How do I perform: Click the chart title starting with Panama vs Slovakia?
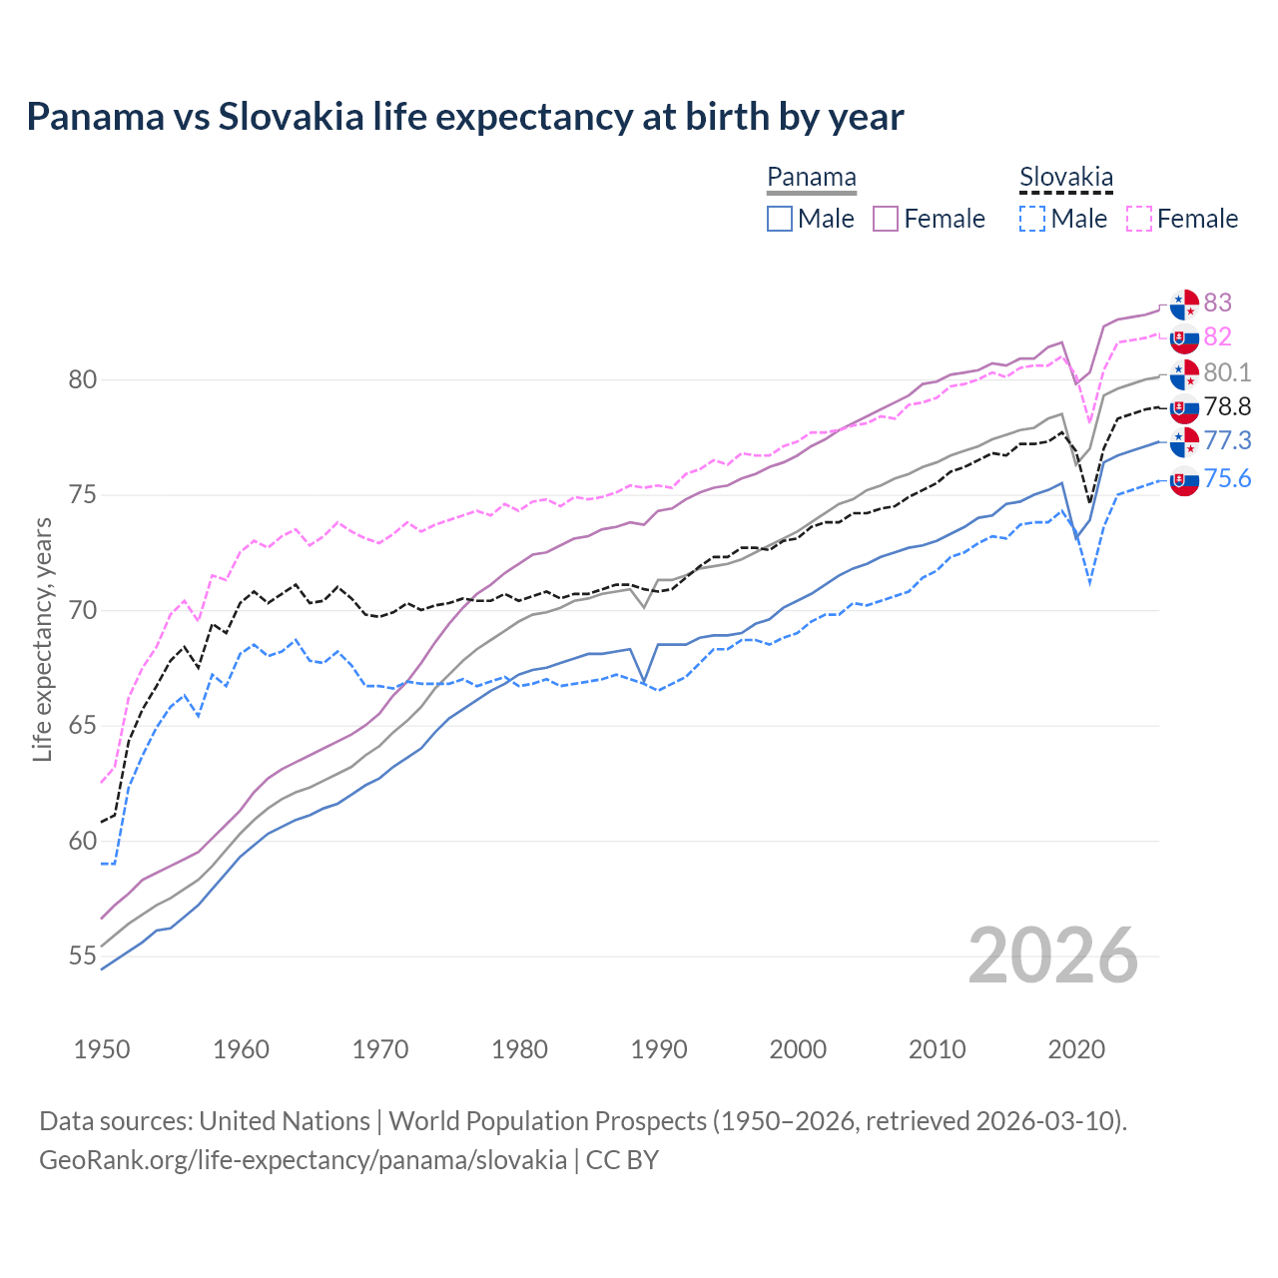click(464, 117)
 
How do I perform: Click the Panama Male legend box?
click(780, 219)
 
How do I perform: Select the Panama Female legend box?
click(886, 219)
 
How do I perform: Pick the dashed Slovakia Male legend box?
click(1032, 219)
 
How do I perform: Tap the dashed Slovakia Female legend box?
click(1139, 219)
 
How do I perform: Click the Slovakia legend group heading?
click(1065, 178)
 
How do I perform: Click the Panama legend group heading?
click(811, 177)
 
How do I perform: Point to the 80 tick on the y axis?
click(83, 379)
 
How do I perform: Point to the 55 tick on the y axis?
click(83, 956)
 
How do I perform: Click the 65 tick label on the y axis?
click(83, 725)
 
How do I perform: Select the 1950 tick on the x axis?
click(102, 1049)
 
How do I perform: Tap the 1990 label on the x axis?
click(659, 1049)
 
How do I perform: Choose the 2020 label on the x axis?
click(1076, 1049)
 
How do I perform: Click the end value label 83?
click(1217, 303)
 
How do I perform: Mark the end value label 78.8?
click(1227, 406)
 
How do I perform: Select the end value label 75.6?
click(1227, 478)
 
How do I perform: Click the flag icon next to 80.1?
click(1184, 374)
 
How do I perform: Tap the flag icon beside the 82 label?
click(1184, 338)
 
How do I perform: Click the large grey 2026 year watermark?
click(1052, 956)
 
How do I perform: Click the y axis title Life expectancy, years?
click(43, 639)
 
